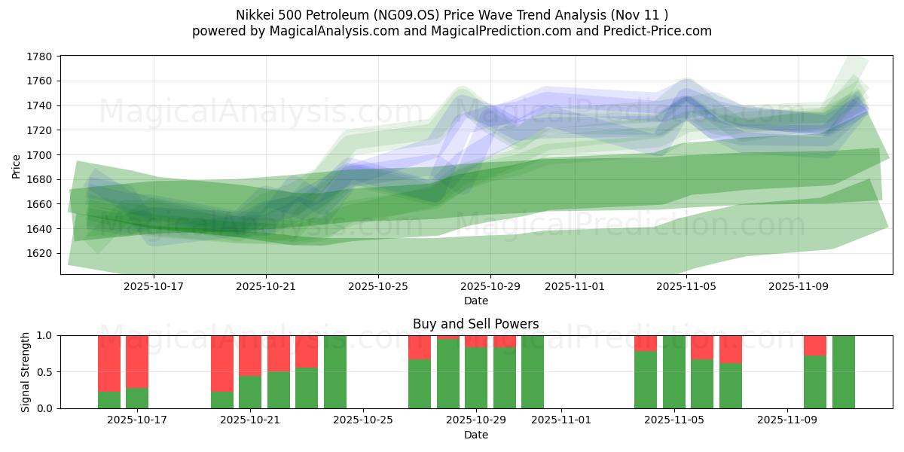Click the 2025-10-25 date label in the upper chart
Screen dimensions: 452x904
point(378,287)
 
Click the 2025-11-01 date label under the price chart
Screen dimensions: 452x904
point(575,287)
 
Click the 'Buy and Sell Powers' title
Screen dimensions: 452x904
point(475,325)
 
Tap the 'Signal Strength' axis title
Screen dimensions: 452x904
point(25,371)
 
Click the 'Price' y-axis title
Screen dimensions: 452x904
point(17,166)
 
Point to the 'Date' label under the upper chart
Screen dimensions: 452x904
point(475,301)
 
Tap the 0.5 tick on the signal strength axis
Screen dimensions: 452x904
point(45,372)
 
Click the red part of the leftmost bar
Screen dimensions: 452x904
point(109,362)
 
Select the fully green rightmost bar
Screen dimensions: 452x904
point(844,372)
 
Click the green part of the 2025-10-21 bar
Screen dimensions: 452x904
point(250,392)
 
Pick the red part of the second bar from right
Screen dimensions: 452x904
point(815,345)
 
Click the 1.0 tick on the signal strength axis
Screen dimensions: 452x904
point(45,336)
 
